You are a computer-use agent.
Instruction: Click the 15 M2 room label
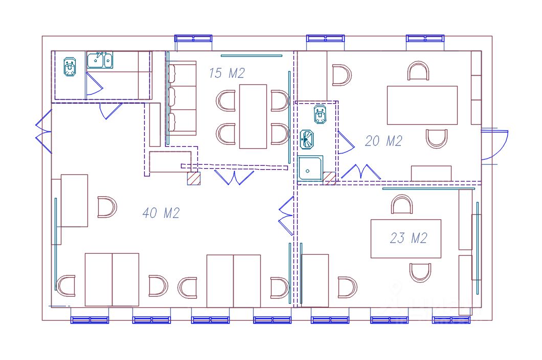coord(227,73)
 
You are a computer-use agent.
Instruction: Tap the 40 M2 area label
coord(161,213)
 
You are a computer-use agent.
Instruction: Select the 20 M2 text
coord(383,141)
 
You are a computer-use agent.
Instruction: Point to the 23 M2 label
coord(408,238)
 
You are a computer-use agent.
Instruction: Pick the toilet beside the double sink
coord(70,67)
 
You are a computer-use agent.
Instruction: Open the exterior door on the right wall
coord(494,146)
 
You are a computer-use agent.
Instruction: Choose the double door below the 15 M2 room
coord(234,177)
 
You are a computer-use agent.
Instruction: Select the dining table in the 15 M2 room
coord(253,116)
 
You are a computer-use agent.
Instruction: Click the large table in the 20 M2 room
coord(422,105)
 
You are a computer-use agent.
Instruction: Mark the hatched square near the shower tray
coord(329,178)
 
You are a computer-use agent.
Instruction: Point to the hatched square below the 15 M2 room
coord(193,178)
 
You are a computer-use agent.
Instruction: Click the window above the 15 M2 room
coord(193,38)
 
